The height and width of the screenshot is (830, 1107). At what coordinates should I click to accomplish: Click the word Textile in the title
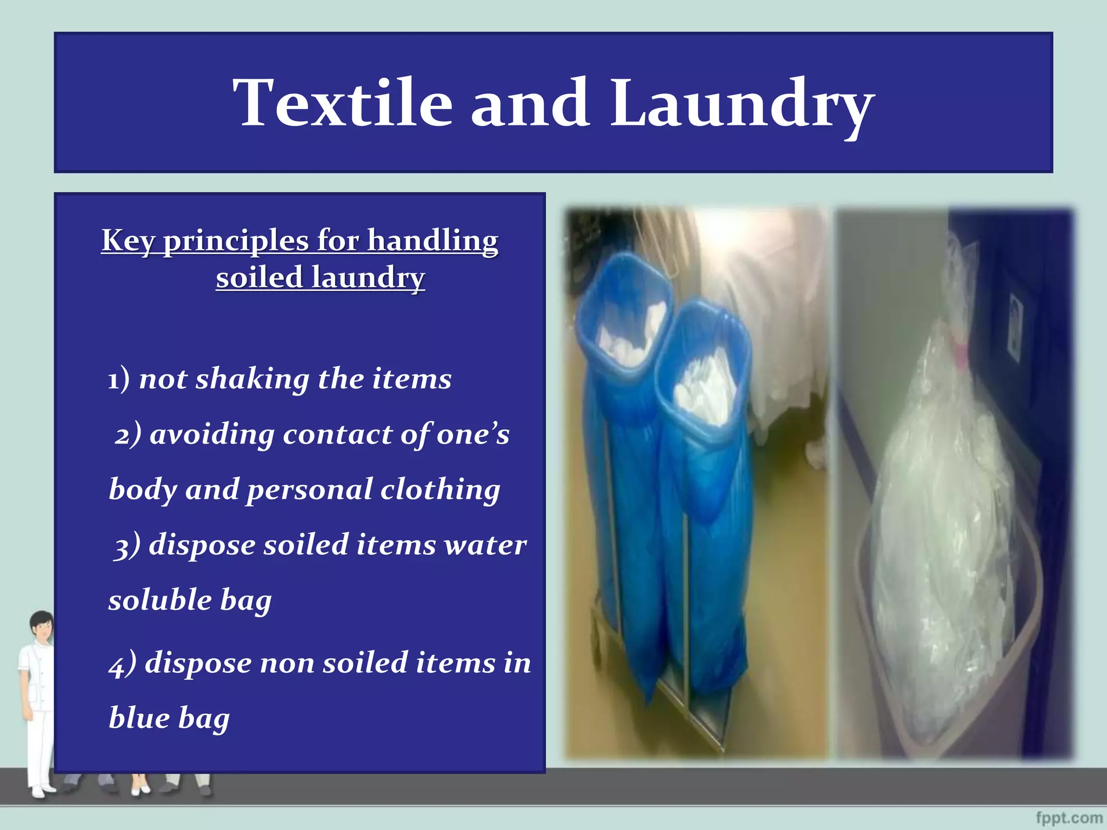pyautogui.click(x=342, y=103)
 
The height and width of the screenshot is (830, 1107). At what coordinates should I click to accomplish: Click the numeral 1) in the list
pyautogui.click(x=118, y=379)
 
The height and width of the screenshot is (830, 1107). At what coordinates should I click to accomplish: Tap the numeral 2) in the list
pyautogui.click(x=128, y=434)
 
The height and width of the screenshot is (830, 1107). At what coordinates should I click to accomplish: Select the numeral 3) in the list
pyautogui.click(x=128, y=545)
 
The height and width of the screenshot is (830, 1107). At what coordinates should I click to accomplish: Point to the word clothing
pyautogui.click(x=440, y=490)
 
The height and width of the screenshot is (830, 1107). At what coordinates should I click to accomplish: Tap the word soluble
pyautogui.click(x=160, y=600)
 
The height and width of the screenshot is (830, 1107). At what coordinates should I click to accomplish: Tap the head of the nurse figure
pyautogui.click(x=42, y=627)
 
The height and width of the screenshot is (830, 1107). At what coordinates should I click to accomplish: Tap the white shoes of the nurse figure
pyautogui.click(x=41, y=791)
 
